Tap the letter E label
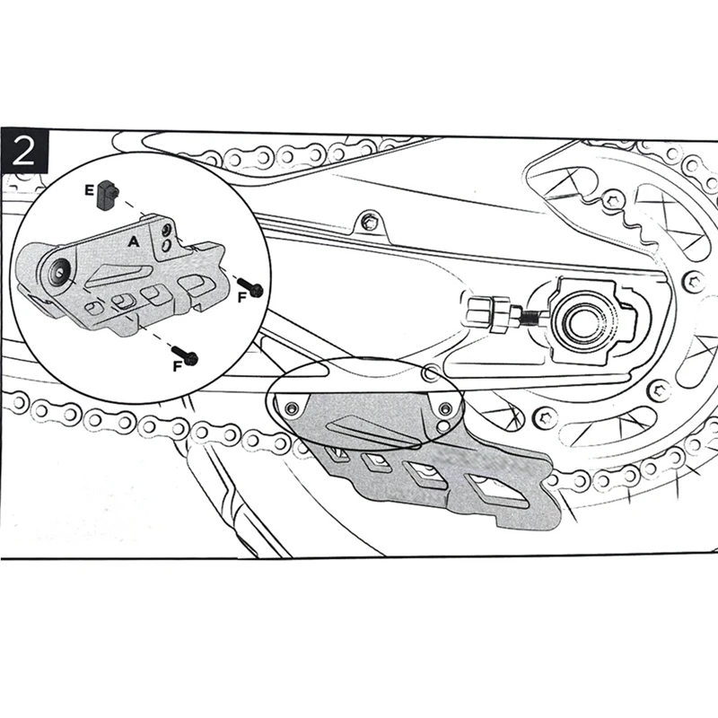[x=88, y=189]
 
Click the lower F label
[x=177, y=365]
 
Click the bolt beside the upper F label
[x=252, y=288]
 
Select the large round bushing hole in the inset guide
[x=61, y=271]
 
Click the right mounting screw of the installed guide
[x=442, y=408]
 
